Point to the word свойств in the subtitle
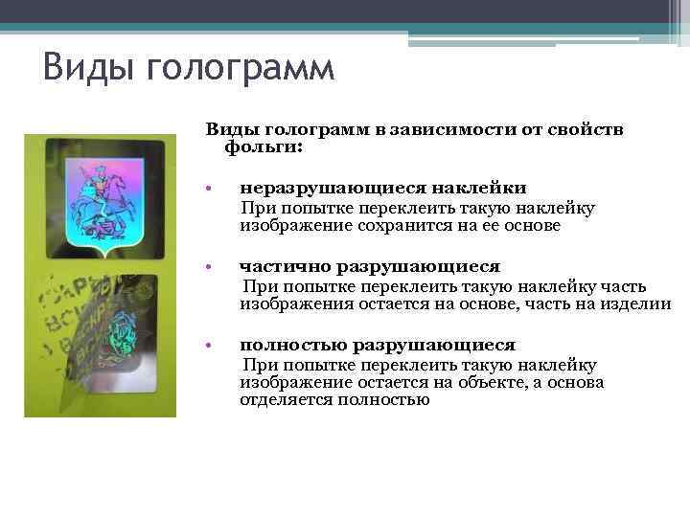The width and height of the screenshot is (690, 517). point(587,129)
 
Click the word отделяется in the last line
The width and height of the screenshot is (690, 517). point(284,400)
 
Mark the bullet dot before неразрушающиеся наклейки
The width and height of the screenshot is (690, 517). point(219,190)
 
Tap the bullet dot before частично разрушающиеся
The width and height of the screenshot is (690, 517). point(219,267)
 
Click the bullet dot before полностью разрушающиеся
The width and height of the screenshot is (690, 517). point(219,346)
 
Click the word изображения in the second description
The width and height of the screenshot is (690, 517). point(290,304)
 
